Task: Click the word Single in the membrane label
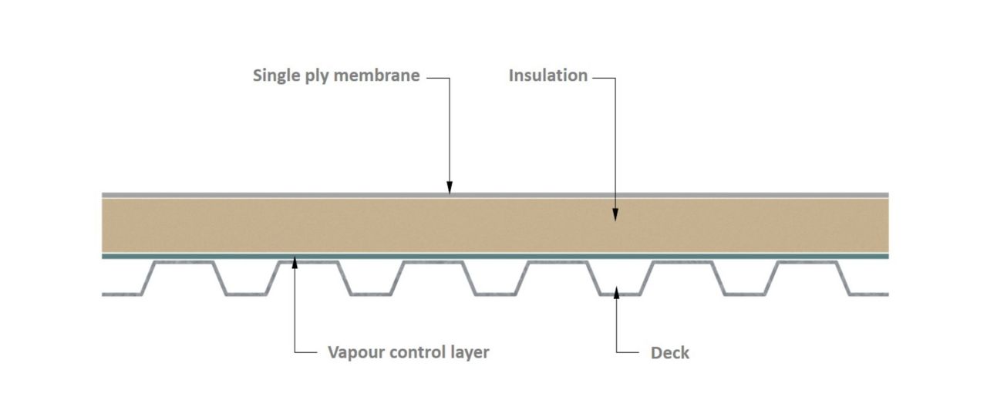pos(277,76)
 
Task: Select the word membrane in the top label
pos(378,76)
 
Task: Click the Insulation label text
pos(547,76)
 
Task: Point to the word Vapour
pos(358,352)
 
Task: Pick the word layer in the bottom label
pos(470,353)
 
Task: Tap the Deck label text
pos(669,353)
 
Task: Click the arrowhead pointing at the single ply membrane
pos(450,187)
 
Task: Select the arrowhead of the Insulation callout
pos(615,215)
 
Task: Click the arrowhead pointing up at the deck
pos(615,291)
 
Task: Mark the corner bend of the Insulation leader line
pos(615,78)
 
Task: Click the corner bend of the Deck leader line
pos(615,352)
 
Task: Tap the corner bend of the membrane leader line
pos(450,78)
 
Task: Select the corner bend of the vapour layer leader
pos(295,352)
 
